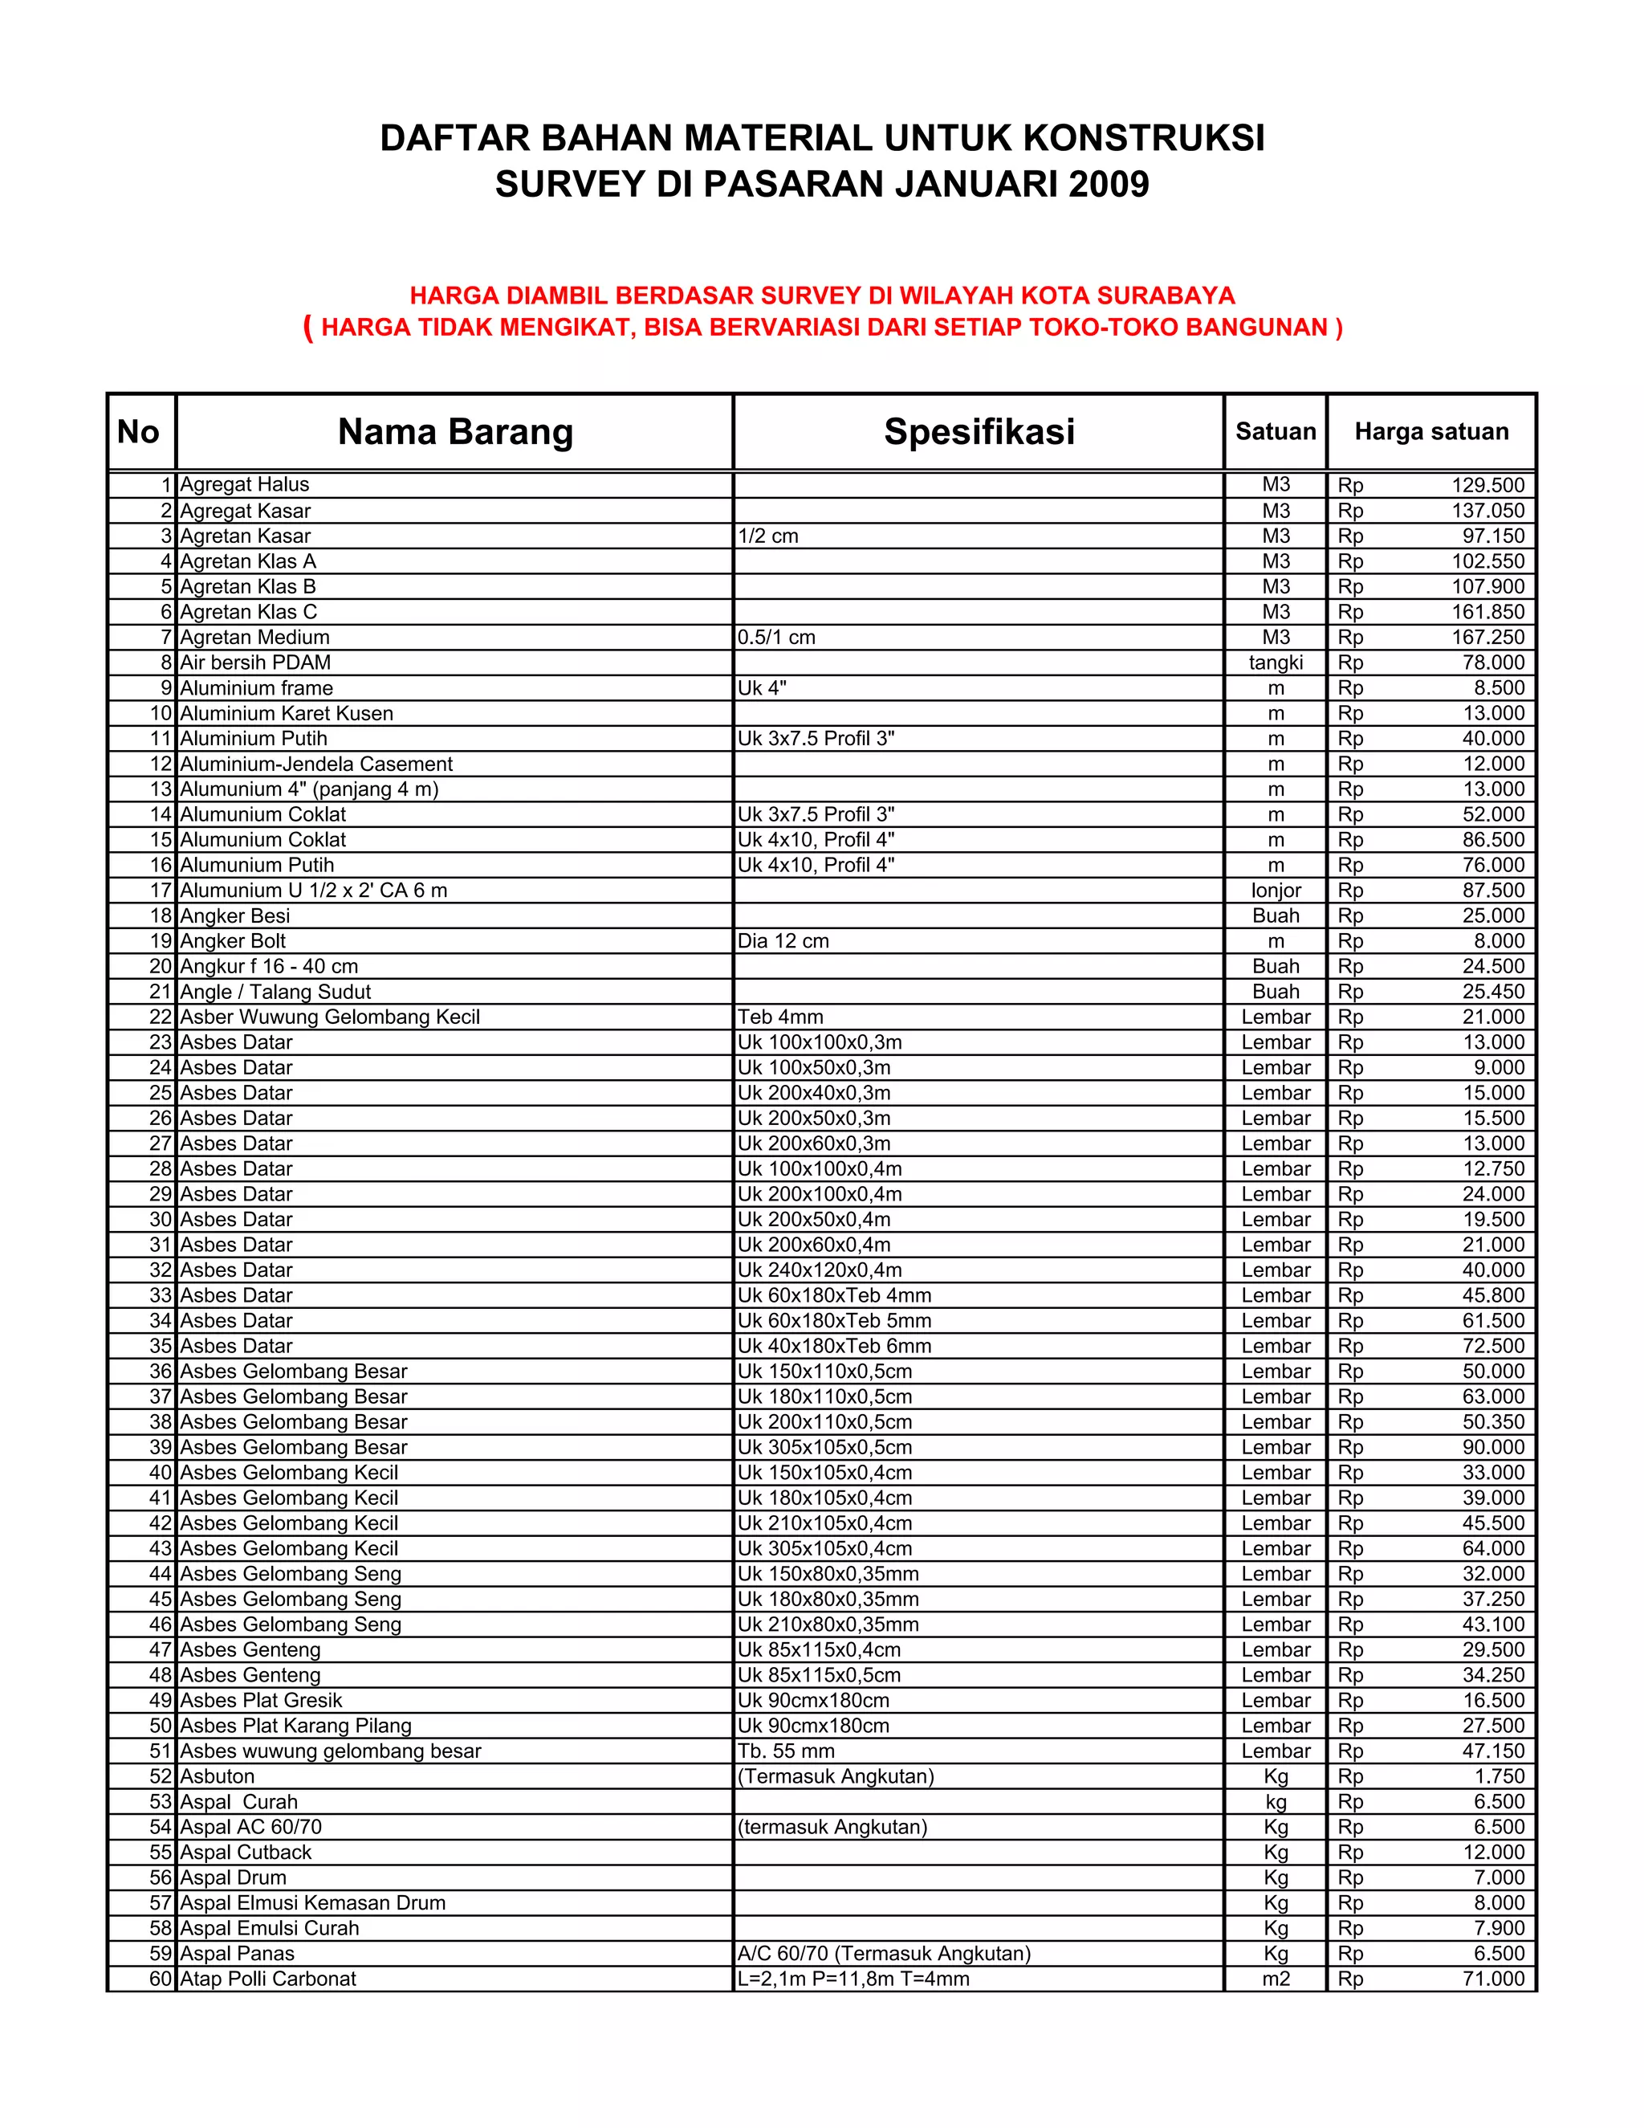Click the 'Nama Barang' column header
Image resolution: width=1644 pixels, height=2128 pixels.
455,432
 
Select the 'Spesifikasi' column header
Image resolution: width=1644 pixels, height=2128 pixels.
979,432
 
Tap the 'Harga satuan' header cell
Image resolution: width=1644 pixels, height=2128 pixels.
1430,432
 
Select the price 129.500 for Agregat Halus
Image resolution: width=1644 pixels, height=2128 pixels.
1487,485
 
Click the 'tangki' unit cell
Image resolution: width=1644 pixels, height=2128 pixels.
1275,662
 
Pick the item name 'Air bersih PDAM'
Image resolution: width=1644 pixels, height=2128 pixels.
255,662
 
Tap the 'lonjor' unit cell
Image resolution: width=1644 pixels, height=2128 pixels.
1275,891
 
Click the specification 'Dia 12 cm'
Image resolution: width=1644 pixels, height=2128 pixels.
783,941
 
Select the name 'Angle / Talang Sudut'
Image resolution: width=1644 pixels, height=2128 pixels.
275,992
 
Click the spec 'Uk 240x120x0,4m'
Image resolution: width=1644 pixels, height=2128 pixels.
819,1270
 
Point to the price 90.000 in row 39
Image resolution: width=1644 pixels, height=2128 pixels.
1493,1448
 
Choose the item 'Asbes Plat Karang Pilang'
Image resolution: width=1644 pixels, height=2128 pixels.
296,1726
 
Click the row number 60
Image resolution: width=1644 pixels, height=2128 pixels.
160,1979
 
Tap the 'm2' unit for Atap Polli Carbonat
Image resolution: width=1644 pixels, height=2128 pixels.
1275,1979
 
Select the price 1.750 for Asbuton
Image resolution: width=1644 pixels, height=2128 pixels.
1499,1776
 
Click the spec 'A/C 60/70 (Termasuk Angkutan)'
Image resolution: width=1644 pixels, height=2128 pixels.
883,1954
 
